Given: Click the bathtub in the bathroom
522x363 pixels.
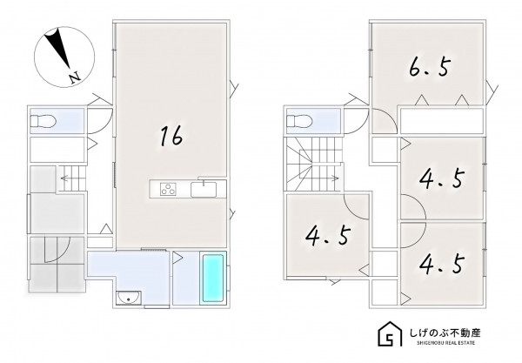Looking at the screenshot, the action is (213, 279).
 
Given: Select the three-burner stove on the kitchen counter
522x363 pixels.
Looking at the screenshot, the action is (168, 190).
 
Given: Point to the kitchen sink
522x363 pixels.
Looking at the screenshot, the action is (204, 190).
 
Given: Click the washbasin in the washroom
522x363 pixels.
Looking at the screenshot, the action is (129, 298).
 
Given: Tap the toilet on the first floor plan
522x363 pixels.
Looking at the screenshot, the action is (43, 121).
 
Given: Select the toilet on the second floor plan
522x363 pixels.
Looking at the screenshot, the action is (299, 121).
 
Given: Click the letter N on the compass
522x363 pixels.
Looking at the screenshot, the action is (75, 77).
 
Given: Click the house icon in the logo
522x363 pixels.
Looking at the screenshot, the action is (391, 333).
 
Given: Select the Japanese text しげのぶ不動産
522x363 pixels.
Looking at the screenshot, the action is (445, 333).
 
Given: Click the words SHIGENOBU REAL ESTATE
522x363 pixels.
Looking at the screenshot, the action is (446, 343).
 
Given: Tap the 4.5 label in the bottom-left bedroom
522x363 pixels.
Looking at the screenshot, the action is (328, 235).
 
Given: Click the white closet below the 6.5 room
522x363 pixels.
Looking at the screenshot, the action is (441, 120).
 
